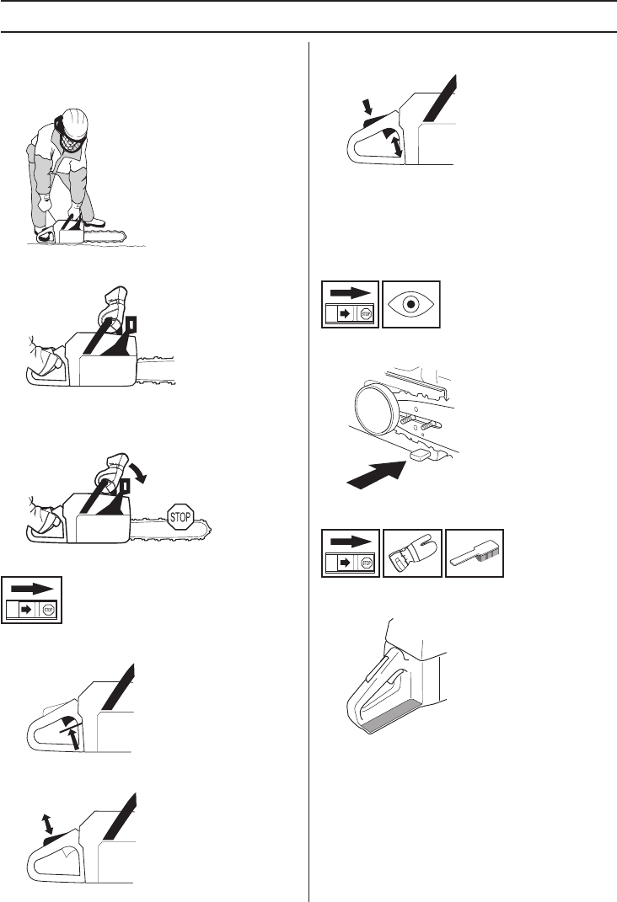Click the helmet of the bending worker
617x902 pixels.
(74, 122)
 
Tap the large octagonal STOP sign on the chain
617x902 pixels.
(180, 516)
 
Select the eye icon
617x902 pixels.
(411, 304)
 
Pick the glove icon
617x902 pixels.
(413, 553)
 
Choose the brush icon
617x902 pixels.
(475, 553)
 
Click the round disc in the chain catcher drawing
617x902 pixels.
(377, 408)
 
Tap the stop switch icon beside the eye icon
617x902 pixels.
(350, 304)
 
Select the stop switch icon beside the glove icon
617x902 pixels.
(351, 553)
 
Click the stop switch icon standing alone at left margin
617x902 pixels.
(32, 600)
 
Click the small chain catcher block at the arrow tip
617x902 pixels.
(419, 455)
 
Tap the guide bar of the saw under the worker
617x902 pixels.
(105, 235)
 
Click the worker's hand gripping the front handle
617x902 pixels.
(74, 212)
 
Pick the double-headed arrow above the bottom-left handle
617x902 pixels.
(48, 824)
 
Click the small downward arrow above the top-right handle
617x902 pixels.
(368, 106)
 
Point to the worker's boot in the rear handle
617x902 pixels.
(45, 234)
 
